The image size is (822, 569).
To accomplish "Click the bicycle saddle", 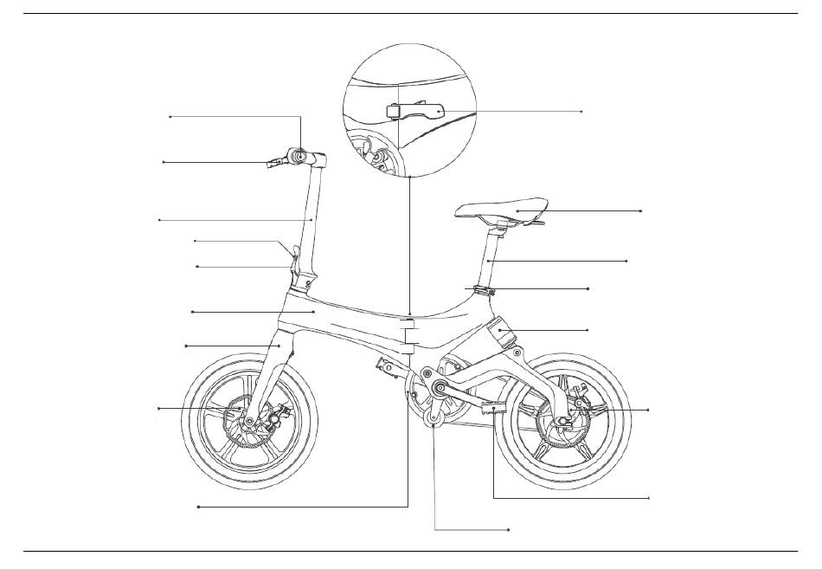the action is pos(502,210).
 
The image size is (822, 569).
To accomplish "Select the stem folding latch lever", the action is pos(294,255).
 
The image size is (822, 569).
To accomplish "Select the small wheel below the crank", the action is pos(435,423).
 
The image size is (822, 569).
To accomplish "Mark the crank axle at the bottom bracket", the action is pos(438,387).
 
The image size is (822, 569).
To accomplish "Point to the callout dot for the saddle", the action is pos(640,210).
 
